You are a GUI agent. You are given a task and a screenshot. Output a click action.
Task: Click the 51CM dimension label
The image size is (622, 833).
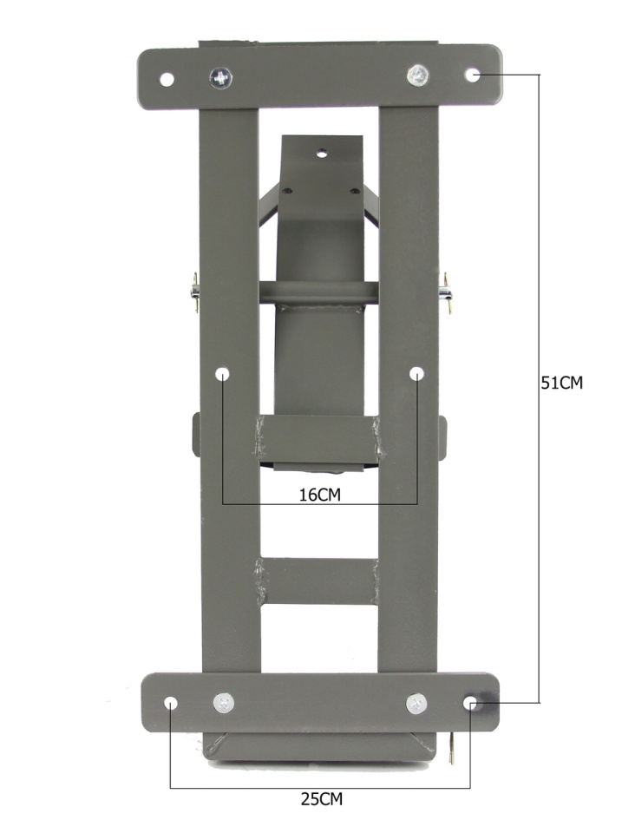[561, 383]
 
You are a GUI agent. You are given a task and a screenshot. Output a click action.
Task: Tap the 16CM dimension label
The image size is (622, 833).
[320, 495]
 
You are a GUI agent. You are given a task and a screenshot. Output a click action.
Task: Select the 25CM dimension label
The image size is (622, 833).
[322, 799]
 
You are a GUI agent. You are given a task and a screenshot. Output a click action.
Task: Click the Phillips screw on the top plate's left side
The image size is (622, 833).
[220, 79]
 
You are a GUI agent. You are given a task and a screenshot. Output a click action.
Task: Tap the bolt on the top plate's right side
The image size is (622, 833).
[418, 75]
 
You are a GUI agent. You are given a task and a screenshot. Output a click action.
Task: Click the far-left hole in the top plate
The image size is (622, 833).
[167, 80]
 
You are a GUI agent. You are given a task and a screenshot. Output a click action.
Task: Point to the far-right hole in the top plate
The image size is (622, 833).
[473, 75]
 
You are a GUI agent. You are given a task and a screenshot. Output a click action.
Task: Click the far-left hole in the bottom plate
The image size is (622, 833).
[171, 704]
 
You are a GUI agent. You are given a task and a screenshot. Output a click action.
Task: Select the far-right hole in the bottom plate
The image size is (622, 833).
[470, 704]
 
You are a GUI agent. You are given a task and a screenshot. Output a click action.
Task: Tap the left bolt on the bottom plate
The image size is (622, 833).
[224, 704]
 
